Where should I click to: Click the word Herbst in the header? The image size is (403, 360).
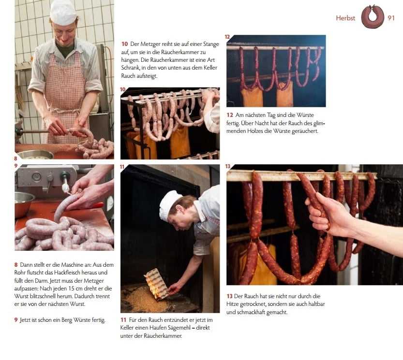point(345,18)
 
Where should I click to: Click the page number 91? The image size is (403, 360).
point(391,18)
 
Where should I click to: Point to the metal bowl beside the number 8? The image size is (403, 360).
point(35,154)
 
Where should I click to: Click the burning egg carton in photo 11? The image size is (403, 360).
point(157,284)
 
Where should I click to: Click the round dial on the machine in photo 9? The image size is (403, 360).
point(36,176)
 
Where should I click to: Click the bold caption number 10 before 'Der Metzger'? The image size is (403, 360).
point(125,44)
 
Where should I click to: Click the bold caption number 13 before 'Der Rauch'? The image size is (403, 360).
point(229,296)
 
